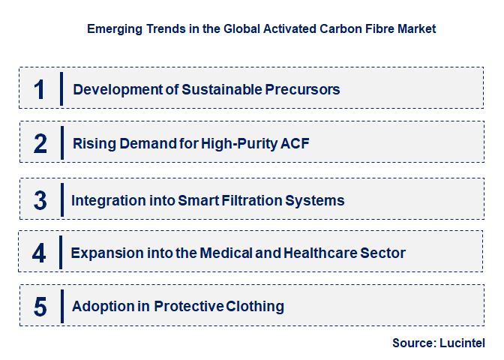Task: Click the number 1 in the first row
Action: pyautogui.click(x=39, y=89)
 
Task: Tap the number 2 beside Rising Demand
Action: pyautogui.click(x=40, y=143)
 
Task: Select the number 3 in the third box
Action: pyautogui.click(x=40, y=200)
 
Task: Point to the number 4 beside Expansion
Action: pyautogui.click(x=39, y=253)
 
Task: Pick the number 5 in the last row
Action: pyautogui.click(x=40, y=307)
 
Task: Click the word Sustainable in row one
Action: pyautogui.click(x=222, y=89)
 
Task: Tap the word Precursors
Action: pyautogui.click(x=302, y=90)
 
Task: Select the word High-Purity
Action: pyautogui.click(x=239, y=144)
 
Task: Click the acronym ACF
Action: pyautogui.click(x=295, y=143)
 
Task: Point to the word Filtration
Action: pyautogui.click(x=252, y=200)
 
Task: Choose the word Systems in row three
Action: pyautogui.click(x=315, y=201)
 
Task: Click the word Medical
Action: pyautogui.click(x=226, y=253)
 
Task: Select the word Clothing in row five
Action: pyautogui.click(x=255, y=307)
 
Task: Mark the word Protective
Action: pyautogui.click(x=189, y=306)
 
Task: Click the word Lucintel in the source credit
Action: pyautogui.click(x=462, y=343)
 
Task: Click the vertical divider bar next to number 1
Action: pyautogui.click(x=61, y=89)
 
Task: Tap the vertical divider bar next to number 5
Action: pyautogui.click(x=62, y=306)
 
